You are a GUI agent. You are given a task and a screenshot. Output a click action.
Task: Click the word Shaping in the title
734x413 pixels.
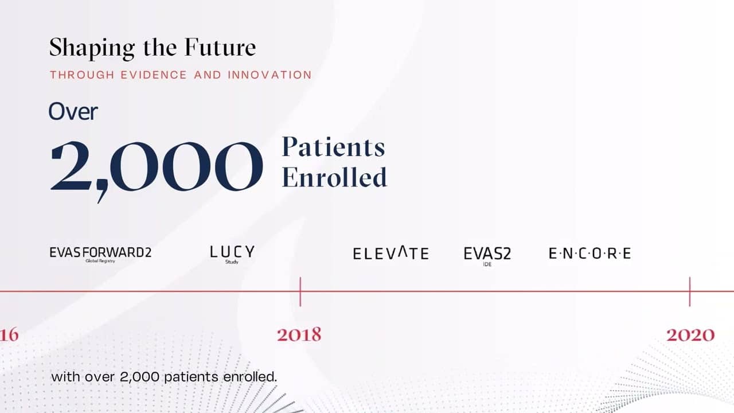(92, 49)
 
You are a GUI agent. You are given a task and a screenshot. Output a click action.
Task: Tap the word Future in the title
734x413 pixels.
(220, 48)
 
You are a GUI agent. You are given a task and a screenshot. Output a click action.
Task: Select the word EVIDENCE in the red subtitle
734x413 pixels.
(154, 75)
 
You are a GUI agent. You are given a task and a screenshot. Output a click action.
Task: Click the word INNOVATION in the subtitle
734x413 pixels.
(270, 75)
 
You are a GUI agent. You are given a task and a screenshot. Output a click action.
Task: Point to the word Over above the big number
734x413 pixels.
(73, 111)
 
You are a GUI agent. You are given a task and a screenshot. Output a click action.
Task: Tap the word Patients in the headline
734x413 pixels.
(334, 147)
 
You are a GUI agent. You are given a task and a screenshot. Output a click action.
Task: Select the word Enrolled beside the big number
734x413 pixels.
(334, 177)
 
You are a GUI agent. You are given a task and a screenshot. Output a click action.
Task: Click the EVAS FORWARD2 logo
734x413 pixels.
(100, 253)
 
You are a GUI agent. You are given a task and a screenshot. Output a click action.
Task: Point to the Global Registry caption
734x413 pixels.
(100, 261)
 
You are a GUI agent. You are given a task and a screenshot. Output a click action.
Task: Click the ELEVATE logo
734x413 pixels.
(391, 253)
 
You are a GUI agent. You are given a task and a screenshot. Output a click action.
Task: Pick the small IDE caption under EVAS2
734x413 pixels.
(487, 264)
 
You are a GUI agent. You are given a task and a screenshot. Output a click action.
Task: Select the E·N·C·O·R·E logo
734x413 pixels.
(590, 254)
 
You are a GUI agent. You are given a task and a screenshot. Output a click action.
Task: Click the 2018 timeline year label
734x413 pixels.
(299, 335)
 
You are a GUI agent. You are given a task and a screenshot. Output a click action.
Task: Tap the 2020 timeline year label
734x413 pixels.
(690, 335)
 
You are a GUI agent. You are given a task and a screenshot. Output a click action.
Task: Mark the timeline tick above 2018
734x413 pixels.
(300, 292)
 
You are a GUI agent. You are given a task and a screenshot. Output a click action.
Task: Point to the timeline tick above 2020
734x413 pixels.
(690, 292)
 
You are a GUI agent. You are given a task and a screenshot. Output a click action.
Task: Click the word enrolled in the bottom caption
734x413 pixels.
(250, 377)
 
